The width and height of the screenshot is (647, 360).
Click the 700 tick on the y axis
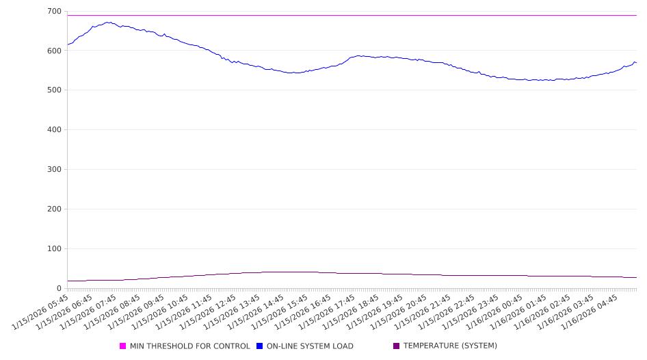click(x=54, y=12)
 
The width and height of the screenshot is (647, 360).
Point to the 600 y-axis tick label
click(x=54, y=51)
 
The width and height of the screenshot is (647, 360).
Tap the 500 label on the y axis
click(x=54, y=90)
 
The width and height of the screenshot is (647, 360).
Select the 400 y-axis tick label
click(x=54, y=130)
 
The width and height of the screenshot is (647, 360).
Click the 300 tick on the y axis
click(x=54, y=170)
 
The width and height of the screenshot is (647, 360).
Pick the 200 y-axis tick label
click(x=54, y=209)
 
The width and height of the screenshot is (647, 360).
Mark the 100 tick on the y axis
click(x=54, y=249)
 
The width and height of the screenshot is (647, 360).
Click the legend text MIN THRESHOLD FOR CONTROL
click(x=189, y=346)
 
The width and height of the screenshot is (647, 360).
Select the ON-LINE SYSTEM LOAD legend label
click(x=310, y=346)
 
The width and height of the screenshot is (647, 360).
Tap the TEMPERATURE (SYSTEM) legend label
click(x=449, y=346)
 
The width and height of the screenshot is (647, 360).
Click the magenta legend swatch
click(x=123, y=346)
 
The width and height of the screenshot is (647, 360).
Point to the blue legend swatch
click(x=260, y=346)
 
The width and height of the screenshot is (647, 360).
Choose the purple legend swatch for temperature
click(x=396, y=346)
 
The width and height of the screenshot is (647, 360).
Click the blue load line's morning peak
click(x=108, y=22)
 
